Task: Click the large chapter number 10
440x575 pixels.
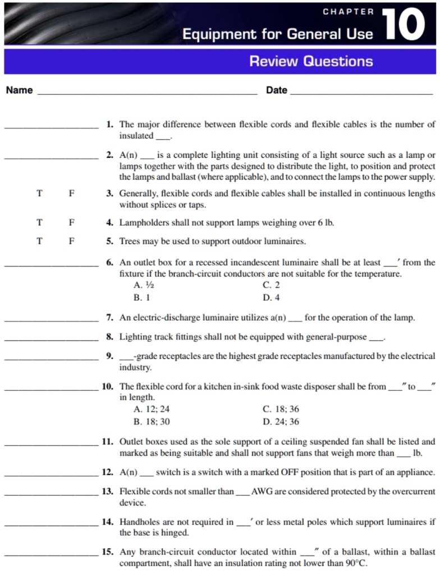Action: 404,24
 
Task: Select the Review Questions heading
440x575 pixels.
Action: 311,61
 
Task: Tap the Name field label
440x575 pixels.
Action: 19,90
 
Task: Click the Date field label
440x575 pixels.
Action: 276,90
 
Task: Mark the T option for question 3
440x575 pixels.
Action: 39,193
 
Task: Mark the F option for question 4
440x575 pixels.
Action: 71,222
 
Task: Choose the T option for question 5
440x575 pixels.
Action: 39,241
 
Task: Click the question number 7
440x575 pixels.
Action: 110,318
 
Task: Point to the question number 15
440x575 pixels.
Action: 108,552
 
